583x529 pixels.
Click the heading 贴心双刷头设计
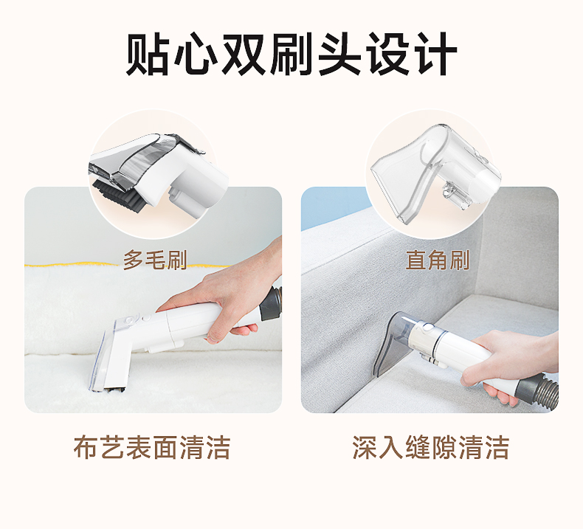[291, 54]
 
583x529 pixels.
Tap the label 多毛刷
[155, 260]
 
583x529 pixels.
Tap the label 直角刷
[437, 260]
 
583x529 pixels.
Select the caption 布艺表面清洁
[152, 447]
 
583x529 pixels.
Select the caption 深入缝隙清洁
[430, 447]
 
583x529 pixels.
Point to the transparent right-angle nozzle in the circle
[435, 172]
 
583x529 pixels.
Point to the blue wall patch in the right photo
[331, 208]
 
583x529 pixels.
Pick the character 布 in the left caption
[86, 447]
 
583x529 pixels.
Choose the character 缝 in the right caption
[418, 447]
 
